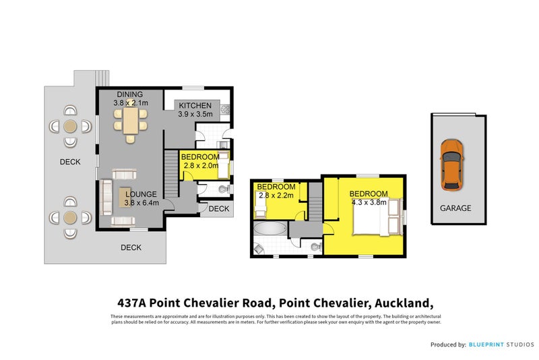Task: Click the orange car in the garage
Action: click(x=451, y=164)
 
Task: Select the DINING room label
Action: click(x=130, y=94)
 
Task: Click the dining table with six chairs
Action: click(x=131, y=123)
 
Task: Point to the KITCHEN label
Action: click(x=195, y=106)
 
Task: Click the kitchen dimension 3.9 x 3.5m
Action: click(x=195, y=115)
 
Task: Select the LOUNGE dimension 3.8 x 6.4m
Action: click(x=141, y=202)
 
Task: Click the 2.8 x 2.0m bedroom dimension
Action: click(x=200, y=165)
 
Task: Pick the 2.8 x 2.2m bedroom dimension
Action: click(x=276, y=196)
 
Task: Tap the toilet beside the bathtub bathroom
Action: click(x=315, y=247)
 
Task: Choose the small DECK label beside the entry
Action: click(x=218, y=209)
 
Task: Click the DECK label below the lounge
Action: click(x=131, y=247)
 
